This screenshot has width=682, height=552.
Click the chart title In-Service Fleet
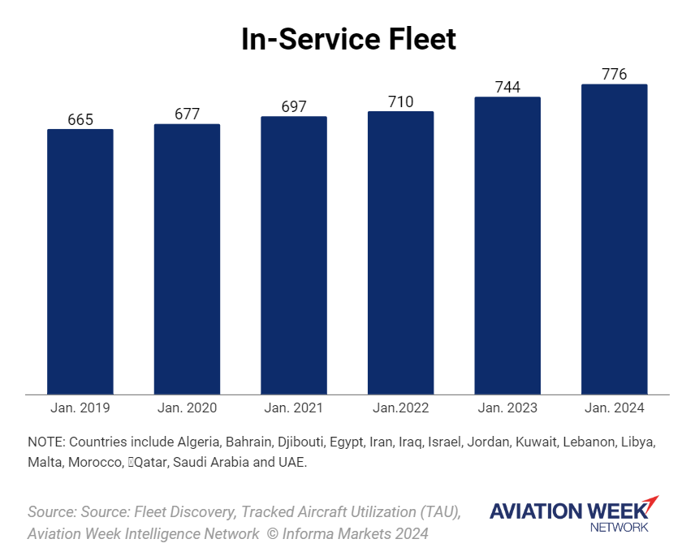[x=349, y=39]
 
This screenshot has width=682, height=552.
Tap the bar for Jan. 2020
[x=187, y=259]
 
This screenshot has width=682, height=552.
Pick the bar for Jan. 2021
[x=294, y=255]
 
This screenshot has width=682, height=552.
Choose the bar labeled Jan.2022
[x=401, y=252]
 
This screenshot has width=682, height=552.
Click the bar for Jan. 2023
[x=507, y=245]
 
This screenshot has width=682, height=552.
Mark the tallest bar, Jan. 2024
[x=615, y=239]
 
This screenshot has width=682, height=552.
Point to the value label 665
[x=80, y=120]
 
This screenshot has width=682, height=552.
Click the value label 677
[x=187, y=114]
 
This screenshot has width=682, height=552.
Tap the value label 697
[x=294, y=107]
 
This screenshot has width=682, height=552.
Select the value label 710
[x=401, y=101]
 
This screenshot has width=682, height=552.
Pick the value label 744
[x=507, y=88]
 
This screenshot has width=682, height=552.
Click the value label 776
[x=615, y=75]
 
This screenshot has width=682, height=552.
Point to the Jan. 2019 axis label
[x=80, y=408]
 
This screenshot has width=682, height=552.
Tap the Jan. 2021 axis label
[x=294, y=408]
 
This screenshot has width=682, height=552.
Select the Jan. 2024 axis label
[x=615, y=408]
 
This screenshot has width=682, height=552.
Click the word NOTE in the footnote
[x=46, y=442]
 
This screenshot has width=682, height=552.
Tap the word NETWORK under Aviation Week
[x=619, y=527]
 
